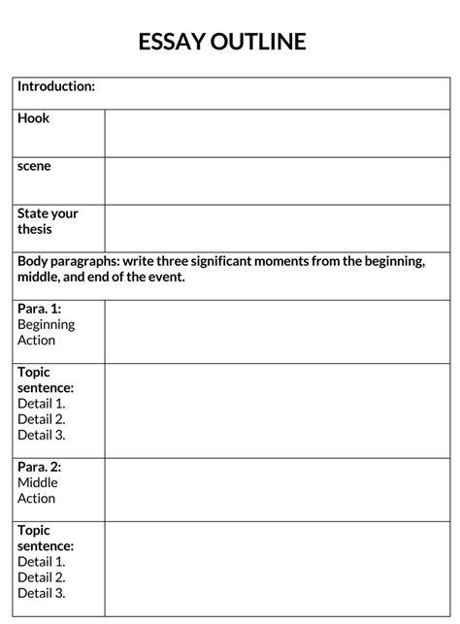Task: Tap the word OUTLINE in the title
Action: [x=265, y=41]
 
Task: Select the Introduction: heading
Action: [x=56, y=87]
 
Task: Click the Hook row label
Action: [x=33, y=118]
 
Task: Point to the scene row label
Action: [x=34, y=166]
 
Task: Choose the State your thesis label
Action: [x=48, y=221]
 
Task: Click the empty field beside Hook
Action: [x=277, y=133]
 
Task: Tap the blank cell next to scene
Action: [x=277, y=181]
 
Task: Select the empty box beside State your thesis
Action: [x=277, y=228]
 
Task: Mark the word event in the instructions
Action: [x=163, y=278]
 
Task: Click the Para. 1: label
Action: [x=40, y=309]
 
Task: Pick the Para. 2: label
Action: [x=40, y=467]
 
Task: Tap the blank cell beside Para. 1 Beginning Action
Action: [x=277, y=331]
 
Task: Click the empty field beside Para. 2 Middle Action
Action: [x=277, y=489]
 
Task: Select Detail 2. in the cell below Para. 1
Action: [x=42, y=419]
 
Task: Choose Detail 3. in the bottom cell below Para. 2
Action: [x=42, y=593]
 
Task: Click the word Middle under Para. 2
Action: [x=38, y=482]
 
